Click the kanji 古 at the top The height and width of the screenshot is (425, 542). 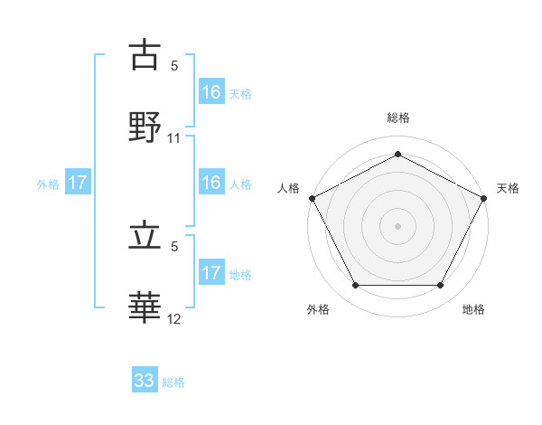click(145, 55)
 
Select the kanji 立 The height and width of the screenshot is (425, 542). click(145, 238)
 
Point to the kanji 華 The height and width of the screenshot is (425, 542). click(145, 307)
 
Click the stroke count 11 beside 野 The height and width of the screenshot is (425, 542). click(174, 138)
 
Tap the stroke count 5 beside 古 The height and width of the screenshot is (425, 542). click(174, 66)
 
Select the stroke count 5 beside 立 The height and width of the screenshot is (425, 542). click(174, 247)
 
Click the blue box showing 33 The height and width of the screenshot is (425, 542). click(145, 381)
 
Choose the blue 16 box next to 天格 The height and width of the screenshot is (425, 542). click(210, 91)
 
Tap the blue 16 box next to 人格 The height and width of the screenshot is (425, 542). click(210, 183)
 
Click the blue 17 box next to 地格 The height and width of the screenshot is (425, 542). click(210, 272)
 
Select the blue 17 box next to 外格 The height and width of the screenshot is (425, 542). click(78, 183)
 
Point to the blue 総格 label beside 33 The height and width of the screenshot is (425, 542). click(173, 382)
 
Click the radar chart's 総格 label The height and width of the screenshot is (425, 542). click(397, 118)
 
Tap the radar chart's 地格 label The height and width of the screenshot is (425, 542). click(473, 310)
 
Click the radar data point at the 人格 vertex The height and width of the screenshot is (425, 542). click(312, 197)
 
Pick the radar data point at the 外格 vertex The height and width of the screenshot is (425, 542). click(355, 285)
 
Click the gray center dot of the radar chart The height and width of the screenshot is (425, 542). click(397, 225)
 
